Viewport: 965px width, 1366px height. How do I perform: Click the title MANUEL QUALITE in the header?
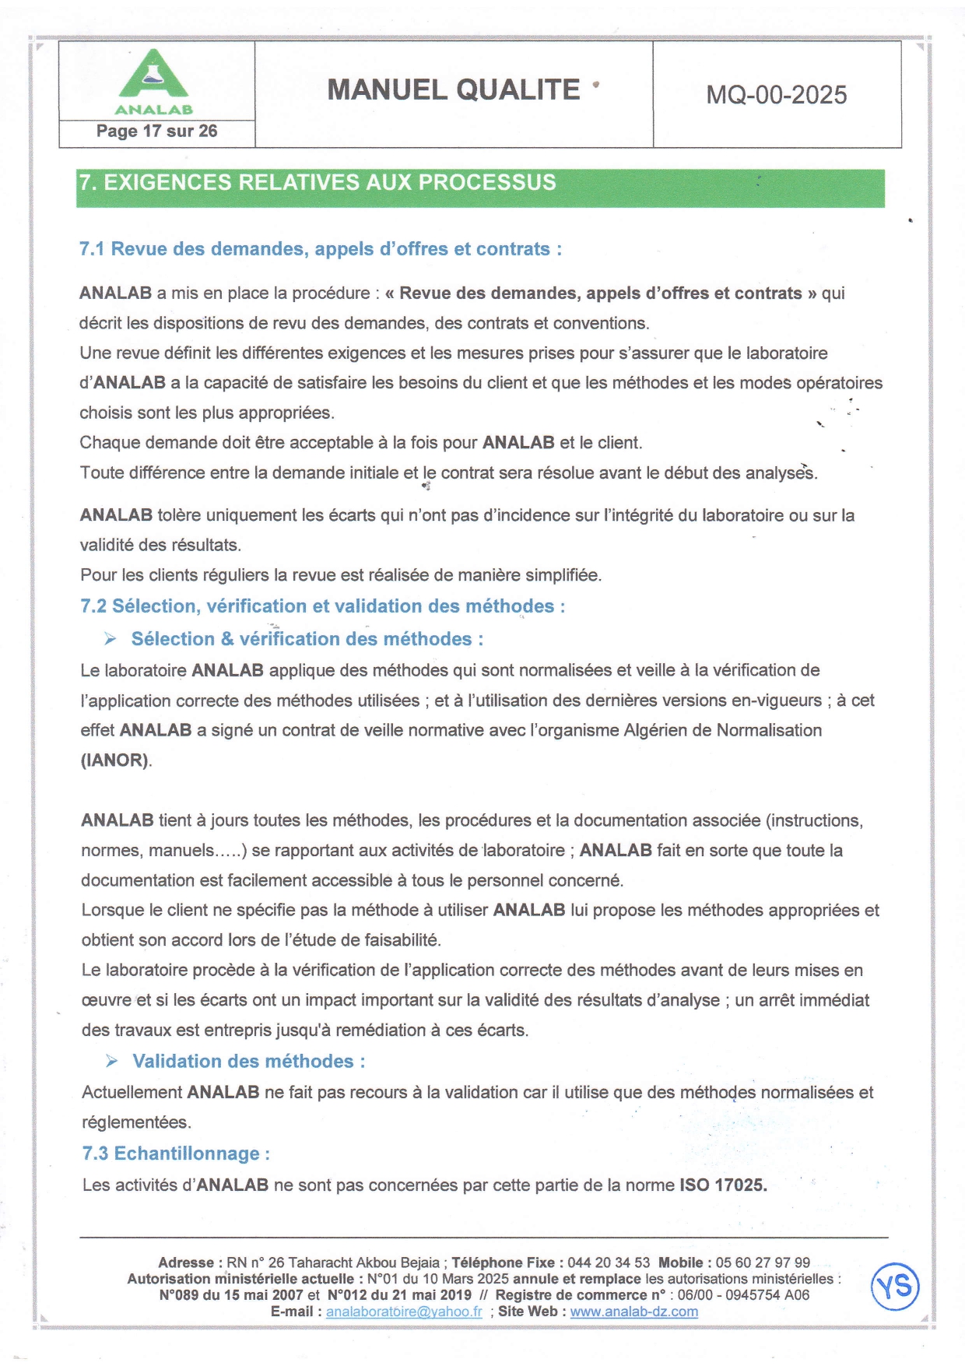(454, 90)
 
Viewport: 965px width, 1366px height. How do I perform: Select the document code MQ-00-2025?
(776, 95)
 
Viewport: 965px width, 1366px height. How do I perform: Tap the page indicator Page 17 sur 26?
(156, 132)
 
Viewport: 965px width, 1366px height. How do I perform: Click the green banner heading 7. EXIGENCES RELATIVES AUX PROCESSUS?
(318, 183)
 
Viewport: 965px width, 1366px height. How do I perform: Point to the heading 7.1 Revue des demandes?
(320, 249)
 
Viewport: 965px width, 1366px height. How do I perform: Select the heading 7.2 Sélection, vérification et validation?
(322, 606)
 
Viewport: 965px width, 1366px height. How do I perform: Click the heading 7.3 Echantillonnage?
(176, 1154)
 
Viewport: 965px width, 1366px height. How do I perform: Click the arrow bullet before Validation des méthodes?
(112, 1061)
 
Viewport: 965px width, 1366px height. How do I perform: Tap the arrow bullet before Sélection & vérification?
(111, 639)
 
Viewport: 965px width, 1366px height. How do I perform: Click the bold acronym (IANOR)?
(116, 760)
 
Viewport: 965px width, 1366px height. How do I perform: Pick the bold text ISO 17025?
(723, 1185)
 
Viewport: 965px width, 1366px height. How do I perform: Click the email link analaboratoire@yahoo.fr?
(404, 1312)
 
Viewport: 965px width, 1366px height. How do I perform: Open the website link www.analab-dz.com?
(633, 1312)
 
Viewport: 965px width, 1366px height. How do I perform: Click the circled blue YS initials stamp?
(895, 1286)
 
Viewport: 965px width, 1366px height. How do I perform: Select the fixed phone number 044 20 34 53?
(609, 1262)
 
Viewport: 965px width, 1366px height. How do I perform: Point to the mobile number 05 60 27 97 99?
(763, 1262)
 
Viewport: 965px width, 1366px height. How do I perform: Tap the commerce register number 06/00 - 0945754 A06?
(743, 1295)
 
